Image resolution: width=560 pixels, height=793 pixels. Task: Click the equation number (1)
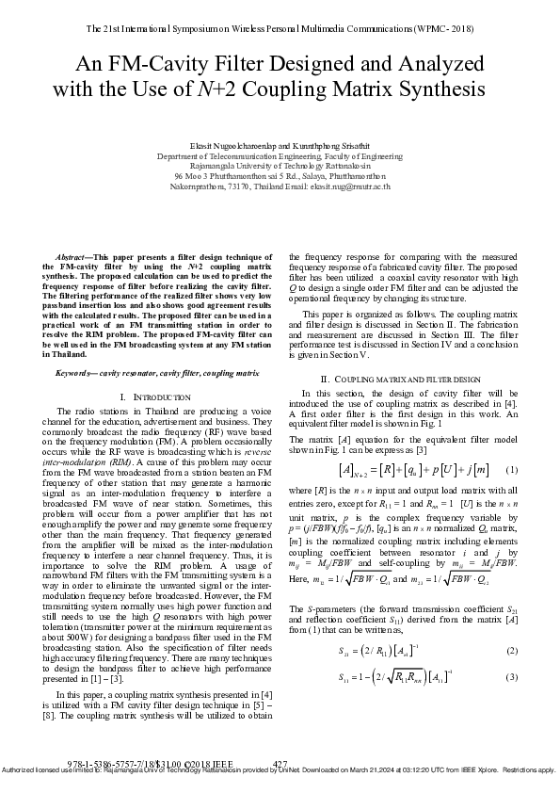coord(511,470)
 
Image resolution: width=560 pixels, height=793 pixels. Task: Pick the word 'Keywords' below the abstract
coord(77,373)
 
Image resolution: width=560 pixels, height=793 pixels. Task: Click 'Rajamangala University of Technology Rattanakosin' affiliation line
coord(280,167)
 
